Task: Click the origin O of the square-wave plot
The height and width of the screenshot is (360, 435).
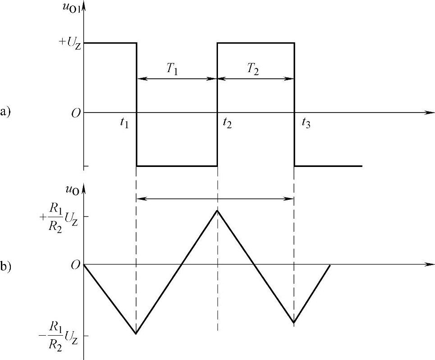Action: pyautogui.click(x=76, y=113)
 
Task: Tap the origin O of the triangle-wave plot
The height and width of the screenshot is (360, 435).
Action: pyautogui.click(x=76, y=265)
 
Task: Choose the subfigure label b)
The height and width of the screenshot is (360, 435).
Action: pyautogui.click(x=6, y=266)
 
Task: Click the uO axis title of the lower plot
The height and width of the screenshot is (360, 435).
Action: pyautogui.click(x=72, y=191)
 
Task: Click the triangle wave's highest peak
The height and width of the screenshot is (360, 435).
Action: pyautogui.click(x=217, y=210)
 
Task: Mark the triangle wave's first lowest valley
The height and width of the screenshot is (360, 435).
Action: pyautogui.click(x=136, y=333)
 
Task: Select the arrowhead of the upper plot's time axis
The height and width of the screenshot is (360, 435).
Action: pyautogui.click(x=431, y=112)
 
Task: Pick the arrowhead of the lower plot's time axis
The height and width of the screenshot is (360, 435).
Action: pyautogui.click(x=431, y=264)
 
